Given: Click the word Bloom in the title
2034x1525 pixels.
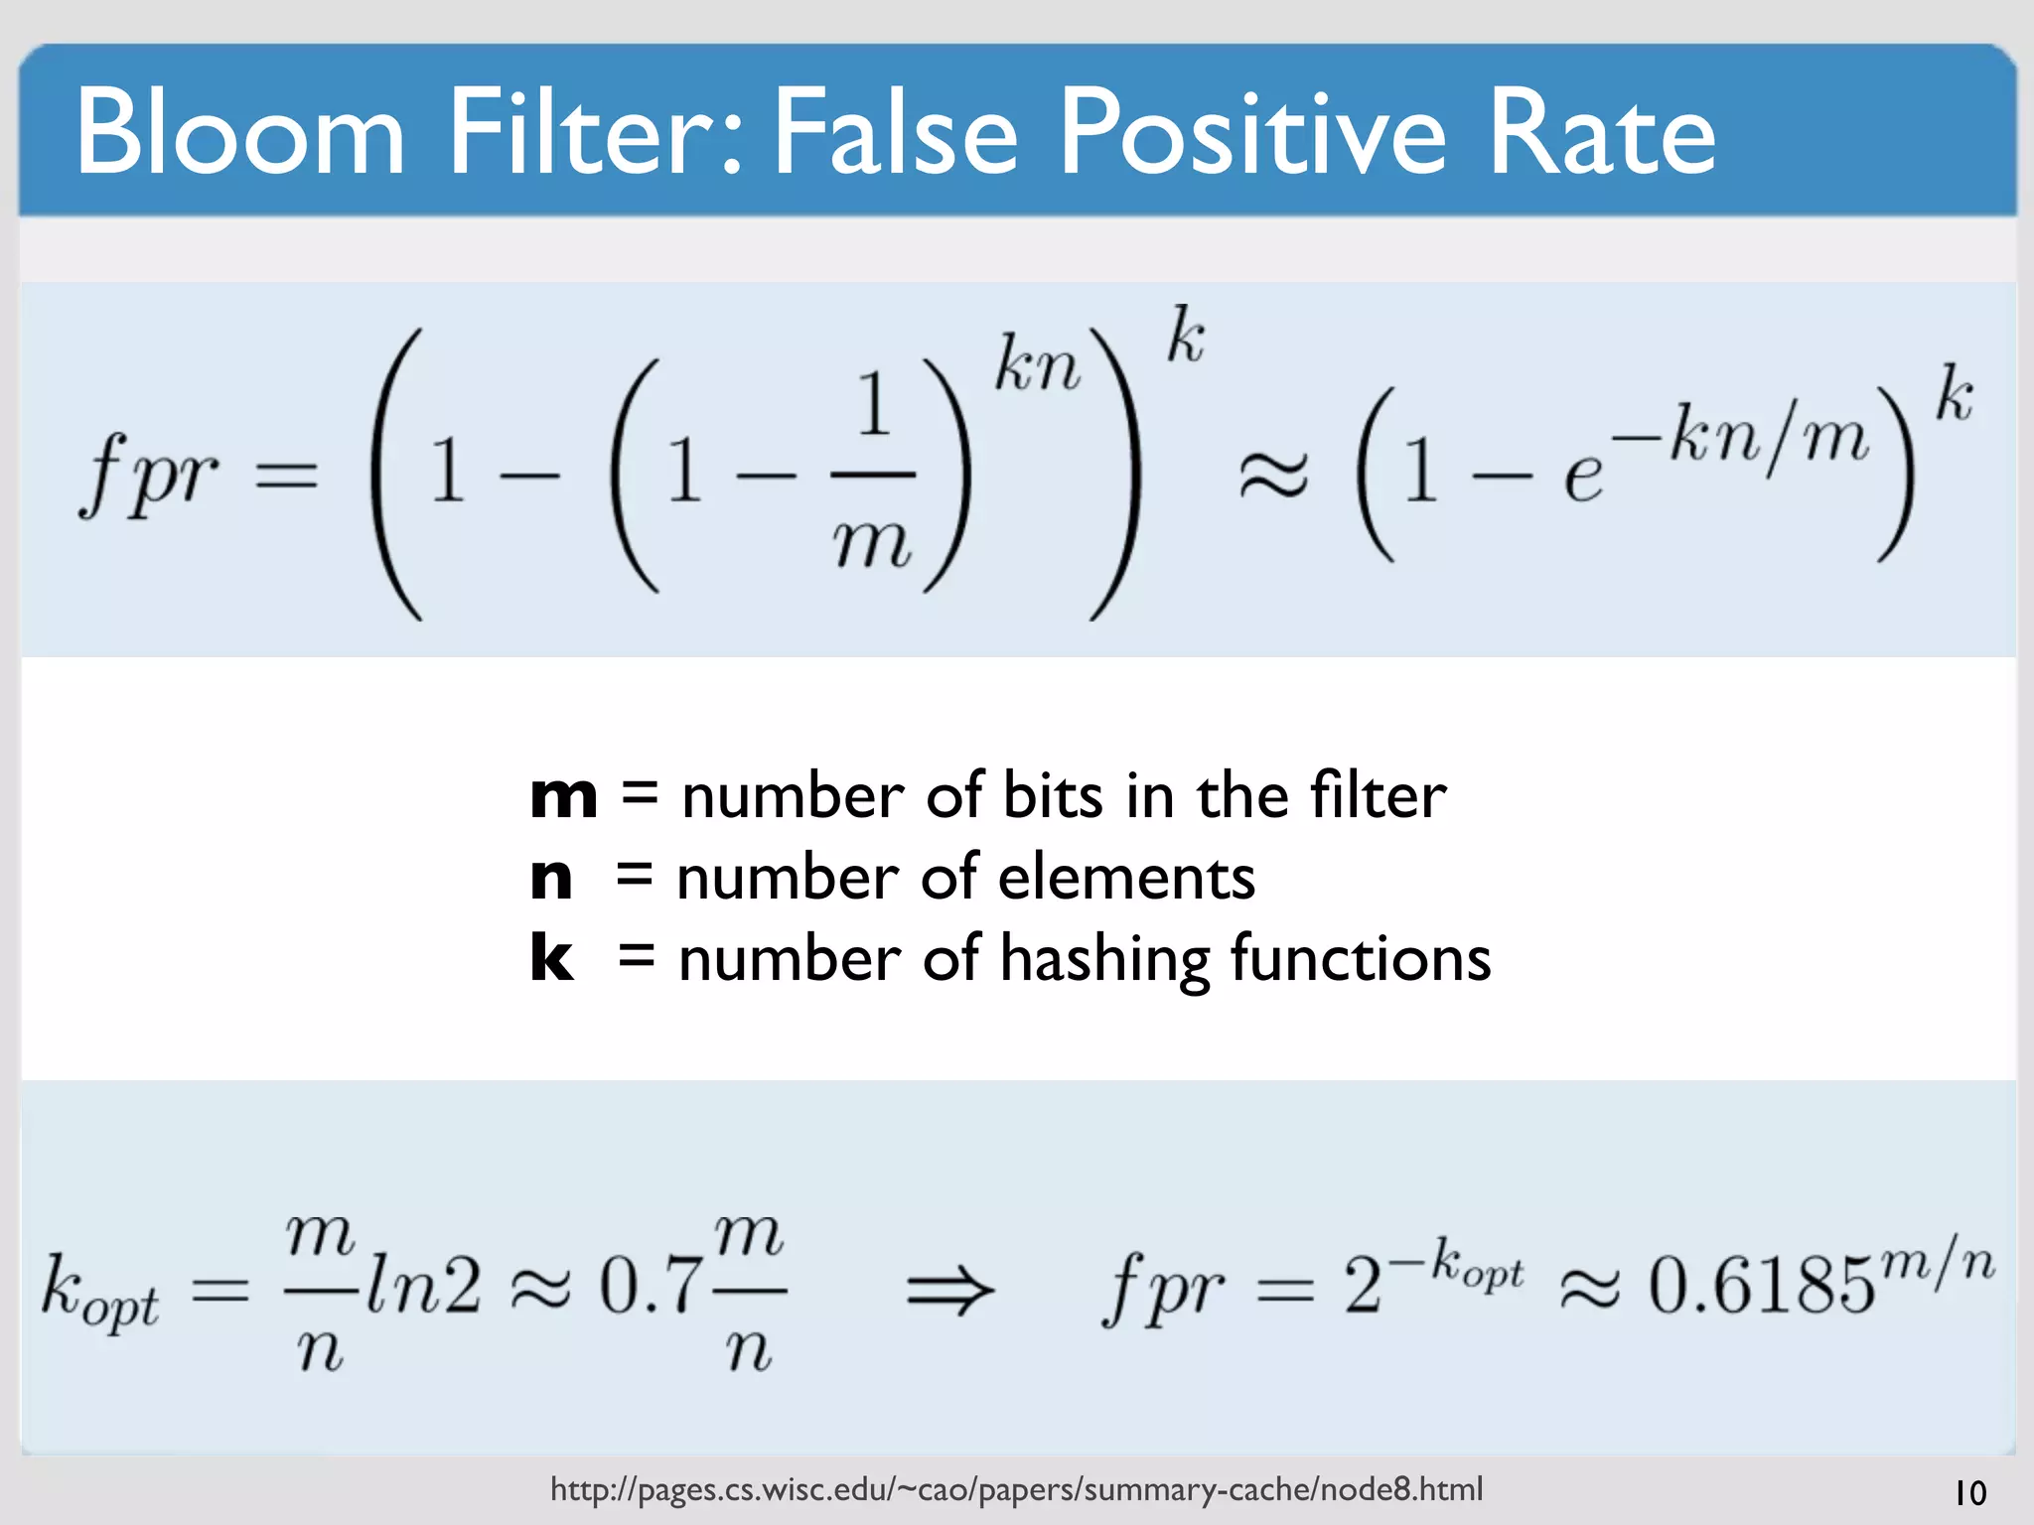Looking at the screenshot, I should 239,132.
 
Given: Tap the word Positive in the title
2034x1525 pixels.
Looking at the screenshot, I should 1252,132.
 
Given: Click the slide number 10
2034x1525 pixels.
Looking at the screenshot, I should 1969,1493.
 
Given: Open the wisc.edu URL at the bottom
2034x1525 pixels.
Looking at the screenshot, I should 1016,1489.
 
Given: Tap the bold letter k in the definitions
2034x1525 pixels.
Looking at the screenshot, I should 551,958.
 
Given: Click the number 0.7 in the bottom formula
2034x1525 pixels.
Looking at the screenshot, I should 651,1286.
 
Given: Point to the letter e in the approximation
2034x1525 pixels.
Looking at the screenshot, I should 1583,477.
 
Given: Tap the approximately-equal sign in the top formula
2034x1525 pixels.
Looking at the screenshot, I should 1273,475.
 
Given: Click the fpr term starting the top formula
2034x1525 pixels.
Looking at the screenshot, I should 149,475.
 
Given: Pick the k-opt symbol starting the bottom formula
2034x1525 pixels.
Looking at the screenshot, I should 99,1291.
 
